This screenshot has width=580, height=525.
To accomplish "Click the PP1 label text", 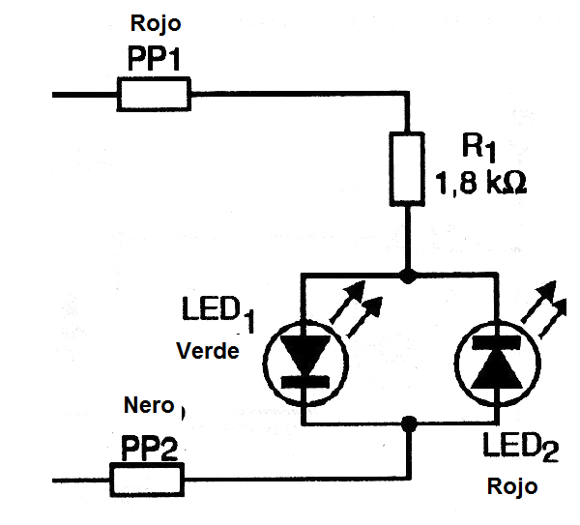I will pyautogui.click(x=155, y=58).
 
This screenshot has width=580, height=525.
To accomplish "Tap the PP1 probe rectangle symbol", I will pyautogui.click(x=154, y=95).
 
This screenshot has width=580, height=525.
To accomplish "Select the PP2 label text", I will pyautogui.click(x=150, y=449).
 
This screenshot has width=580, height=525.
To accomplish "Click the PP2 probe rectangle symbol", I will pyautogui.click(x=146, y=478).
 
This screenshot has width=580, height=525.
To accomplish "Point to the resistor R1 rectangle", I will pyautogui.click(x=407, y=169).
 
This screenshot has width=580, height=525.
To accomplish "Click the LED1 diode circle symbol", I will pyautogui.click(x=303, y=359).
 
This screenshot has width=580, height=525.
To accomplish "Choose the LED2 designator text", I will pyautogui.click(x=522, y=448).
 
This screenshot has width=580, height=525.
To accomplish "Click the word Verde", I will pyautogui.click(x=207, y=351).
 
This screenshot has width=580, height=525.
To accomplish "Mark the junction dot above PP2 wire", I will pyautogui.click(x=408, y=423).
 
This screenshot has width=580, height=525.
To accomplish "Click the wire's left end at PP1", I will pyautogui.click(x=55, y=95).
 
